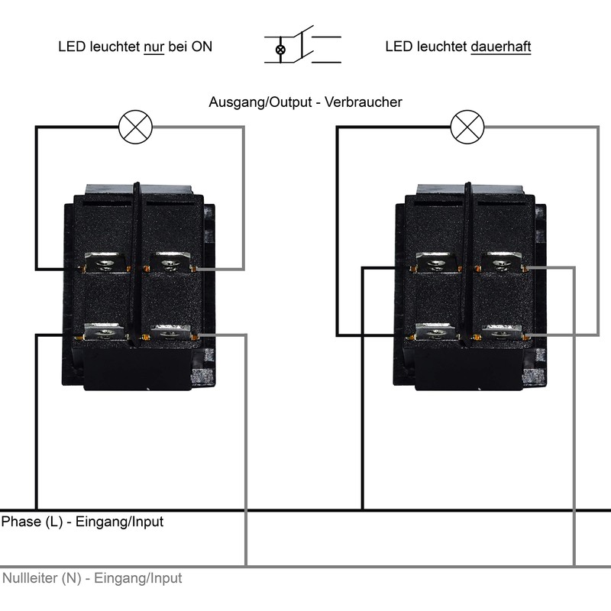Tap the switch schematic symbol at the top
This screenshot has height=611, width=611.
tap(302, 47)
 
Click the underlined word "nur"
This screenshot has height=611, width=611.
tap(154, 47)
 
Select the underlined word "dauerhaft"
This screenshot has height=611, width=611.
tap(501, 47)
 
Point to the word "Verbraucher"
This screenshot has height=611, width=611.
tap(364, 102)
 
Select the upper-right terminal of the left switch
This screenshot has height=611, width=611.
tap(172, 263)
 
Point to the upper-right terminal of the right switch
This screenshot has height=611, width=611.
tap(500, 263)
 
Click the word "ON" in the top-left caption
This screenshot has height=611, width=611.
tap(202, 47)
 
